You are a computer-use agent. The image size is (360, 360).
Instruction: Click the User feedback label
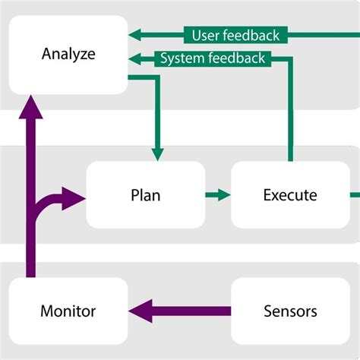click(x=235, y=35)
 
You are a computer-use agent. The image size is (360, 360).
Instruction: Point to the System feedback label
click(x=213, y=58)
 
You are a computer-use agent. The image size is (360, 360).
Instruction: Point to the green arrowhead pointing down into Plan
click(x=157, y=153)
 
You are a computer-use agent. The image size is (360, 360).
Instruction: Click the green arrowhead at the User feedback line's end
click(x=136, y=35)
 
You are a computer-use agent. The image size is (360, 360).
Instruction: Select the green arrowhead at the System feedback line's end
click(x=136, y=58)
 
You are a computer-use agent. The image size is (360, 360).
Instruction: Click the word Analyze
click(x=68, y=55)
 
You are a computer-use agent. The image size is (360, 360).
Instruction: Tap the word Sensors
click(x=289, y=311)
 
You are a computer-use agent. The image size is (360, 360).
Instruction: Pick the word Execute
click(x=289, y=194)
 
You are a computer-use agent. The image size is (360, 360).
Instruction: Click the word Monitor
click(x=68, y=311)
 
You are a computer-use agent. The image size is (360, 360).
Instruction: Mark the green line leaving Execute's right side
click(x=355, y=195)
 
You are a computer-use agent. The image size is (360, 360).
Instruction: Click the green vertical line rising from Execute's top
click(x=289, y=114)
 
